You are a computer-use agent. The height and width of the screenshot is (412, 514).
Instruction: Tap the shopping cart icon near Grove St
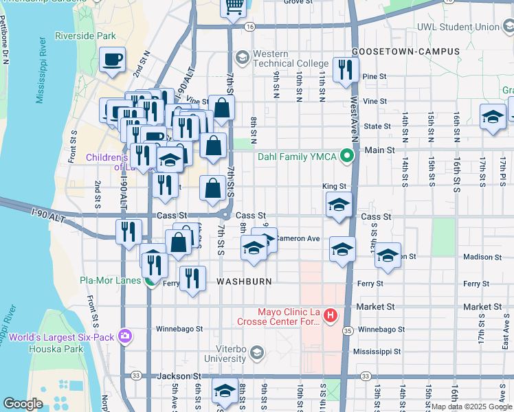[234, 7]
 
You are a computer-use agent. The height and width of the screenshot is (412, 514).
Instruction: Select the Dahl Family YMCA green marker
[347, 157]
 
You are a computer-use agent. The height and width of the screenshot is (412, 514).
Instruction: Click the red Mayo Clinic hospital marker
[331, 315]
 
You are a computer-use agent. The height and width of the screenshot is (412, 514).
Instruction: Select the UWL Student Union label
[458, 27]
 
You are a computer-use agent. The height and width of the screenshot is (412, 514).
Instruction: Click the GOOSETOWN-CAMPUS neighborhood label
[395, 51]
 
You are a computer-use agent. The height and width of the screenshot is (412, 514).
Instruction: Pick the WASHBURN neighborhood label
[245, 282]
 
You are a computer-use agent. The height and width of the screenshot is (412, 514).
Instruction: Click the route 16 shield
[249, 27]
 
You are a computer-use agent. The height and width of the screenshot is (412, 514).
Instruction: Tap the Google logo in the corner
[23, 403]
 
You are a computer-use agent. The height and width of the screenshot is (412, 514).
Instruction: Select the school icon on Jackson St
[224, 390]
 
